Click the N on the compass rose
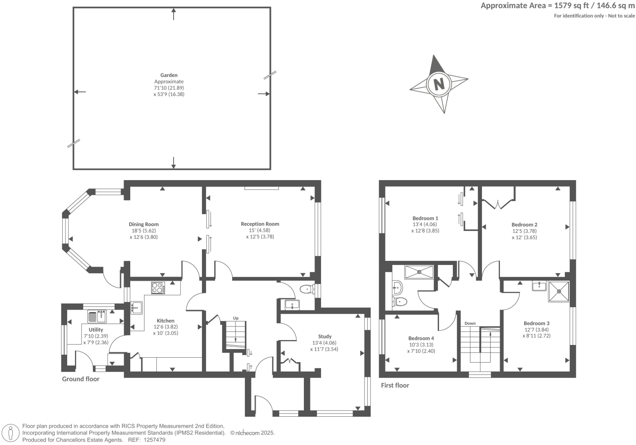coord(439,84)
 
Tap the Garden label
coord(169,75)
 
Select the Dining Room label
coord(144,224)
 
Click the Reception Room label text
coord(260,224)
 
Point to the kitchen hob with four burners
coord(158,288)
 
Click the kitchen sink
coord(136,307)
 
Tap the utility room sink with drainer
coord(97,317)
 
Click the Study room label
coord(325,336)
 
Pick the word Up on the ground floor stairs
coord(235,318)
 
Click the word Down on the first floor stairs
coord(470,323)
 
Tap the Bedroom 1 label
coord(425,218)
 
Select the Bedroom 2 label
coord(524,224)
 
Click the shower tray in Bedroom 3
coord(559,292)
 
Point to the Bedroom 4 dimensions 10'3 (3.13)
coord(421,345)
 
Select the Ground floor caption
coord(81,379)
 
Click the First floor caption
coord(395,385)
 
